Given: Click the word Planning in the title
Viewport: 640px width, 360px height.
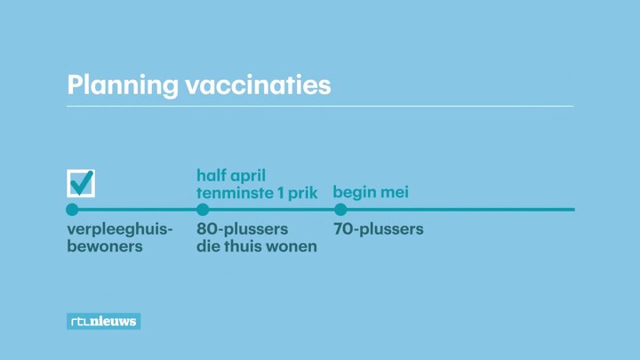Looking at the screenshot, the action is pyautogui.click(x=123, y=85).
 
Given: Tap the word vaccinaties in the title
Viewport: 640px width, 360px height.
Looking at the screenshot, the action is pyautogui.click(x=259, y=85).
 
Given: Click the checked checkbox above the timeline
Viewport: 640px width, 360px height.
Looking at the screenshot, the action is pyautogui.click(x=81, y=183).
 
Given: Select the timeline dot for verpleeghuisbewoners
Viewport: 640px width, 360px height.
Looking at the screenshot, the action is pyautogui.click(x=72, y=210).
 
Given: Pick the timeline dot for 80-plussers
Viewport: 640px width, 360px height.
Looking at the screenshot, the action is pyautogui.click(x=203, y=210).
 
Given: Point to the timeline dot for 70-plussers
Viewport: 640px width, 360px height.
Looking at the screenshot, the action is pyautogui.click(x=340, y=210).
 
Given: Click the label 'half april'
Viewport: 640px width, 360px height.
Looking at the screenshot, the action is pyautogui.click(x=231, y=176).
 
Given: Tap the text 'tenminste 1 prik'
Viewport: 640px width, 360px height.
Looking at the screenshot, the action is pyautogui.click(x=257, y=193).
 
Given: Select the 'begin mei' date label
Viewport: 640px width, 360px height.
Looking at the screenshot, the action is pyautogui.click(x=371, y=193).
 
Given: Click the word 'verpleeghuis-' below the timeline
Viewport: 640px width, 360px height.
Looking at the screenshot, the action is pyautogui.click(x=120, y=230).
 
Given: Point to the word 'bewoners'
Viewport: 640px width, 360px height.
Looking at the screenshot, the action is pyautogui.click(x=105, y=246).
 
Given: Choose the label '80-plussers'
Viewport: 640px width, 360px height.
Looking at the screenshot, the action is pyautogui.click(x=243, y=229).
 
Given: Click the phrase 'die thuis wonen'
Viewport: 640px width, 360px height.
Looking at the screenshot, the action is pyautogui.click(x=257, y=246).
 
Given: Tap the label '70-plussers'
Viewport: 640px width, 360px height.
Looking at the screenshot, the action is pyautogui.click(x=379, y=229).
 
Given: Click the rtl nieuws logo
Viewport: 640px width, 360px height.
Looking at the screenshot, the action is pyautogui.click(x=104, y=321).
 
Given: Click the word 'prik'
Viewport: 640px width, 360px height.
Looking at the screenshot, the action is pyautogui.click(x=302, y=194).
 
